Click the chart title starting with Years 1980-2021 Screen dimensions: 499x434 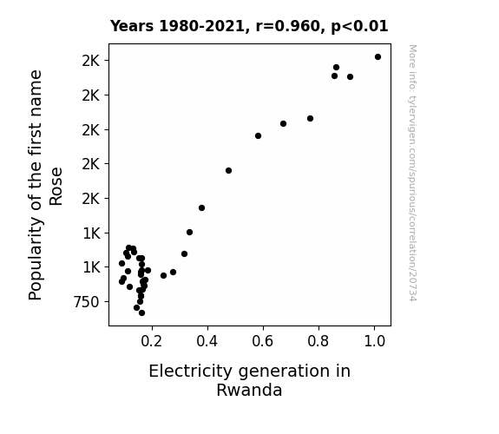click(x=249, y=26)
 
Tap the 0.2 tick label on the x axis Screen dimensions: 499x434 click(x=152, y=341)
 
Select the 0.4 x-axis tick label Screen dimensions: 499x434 click(x=207, y=341)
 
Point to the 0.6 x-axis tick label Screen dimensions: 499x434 click(x=263, y=341)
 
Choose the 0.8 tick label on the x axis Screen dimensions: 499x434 click(x=318, y=341)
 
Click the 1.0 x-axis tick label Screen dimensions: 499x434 click(x=374, y=341)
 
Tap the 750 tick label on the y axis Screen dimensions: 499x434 click(x=87, y=301)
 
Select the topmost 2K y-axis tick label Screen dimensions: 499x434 click(x=91, y=61)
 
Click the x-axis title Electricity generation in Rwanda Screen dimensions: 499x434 click(x=250, y=380)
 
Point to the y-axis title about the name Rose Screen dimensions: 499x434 click(x=45, y=185)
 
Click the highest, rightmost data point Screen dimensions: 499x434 click(x=378, y=57)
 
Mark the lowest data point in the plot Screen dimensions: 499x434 click(x=141, y=313)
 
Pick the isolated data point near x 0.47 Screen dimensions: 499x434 click(x=228, y=171)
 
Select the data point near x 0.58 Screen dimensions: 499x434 click(x=258, y=136)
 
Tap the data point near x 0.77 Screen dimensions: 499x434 click(x=311, y=118)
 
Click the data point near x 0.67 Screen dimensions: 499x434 click(x=283, y=123)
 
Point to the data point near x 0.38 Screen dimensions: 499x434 click(x=201, y=208)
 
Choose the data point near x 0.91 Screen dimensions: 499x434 click(x=350, y=76)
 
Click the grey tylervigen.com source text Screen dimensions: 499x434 click(x=412, y=173)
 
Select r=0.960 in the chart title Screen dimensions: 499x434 click(x=288, y=26)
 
